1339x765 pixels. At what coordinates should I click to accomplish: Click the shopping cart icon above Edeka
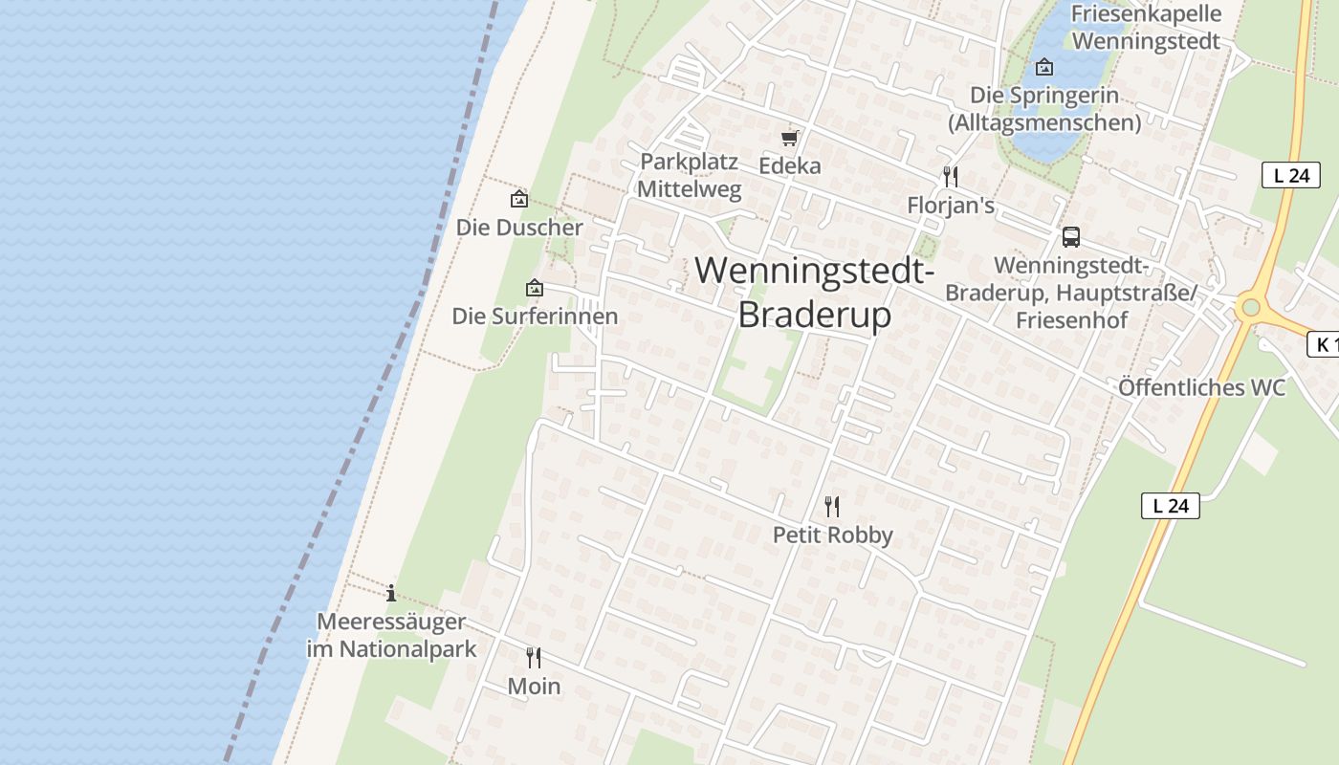point(790,138)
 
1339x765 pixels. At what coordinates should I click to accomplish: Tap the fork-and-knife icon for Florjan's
point(950,177)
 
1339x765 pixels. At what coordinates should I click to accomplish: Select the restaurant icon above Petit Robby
point(832,506)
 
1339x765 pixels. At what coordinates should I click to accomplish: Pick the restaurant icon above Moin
point(534,657)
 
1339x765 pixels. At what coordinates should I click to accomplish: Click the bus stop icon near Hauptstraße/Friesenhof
point(1071,236)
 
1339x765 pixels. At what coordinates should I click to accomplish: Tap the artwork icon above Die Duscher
point(519,199)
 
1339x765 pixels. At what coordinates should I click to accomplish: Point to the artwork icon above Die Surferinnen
point(535,287)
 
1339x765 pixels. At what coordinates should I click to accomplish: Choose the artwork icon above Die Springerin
point(1044,67)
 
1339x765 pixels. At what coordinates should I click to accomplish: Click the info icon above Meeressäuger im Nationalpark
point(391,593)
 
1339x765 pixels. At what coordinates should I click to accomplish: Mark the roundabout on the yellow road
point(1249,308)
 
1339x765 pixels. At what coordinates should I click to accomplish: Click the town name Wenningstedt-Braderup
point(815,292)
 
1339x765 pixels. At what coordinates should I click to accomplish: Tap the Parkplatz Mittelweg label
point(689,175)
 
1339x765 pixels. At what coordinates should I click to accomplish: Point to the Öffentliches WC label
point(1201,387)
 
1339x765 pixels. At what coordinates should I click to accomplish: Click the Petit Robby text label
point(832,535)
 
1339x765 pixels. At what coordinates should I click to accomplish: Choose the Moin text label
point(534,686)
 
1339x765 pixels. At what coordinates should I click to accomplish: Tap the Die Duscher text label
point(519,228)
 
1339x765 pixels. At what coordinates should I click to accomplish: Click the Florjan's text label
point(951,206)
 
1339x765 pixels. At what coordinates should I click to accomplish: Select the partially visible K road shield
point(1324,345)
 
